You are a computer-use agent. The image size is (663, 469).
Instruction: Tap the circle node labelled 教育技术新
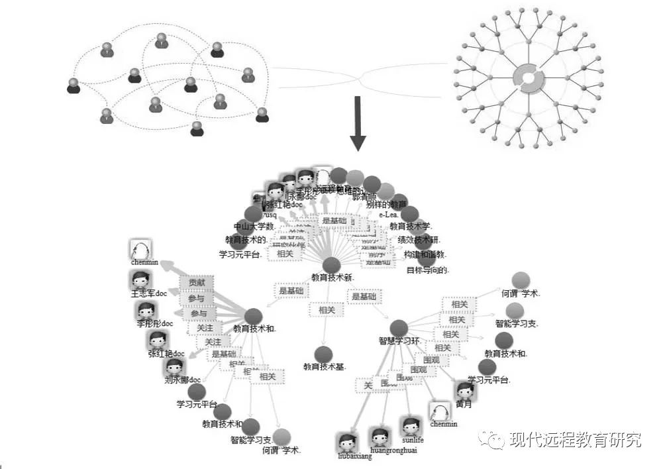(x=331, y=265)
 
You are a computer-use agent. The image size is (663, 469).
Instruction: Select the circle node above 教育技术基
(x=323, y=354)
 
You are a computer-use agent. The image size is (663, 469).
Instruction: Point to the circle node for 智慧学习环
(x=399, y=328)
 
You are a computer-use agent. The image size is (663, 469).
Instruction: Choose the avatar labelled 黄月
(x=464, y=391)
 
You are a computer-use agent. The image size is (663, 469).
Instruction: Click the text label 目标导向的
(x=428, y=270)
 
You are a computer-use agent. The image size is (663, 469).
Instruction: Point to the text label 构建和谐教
(x=425, y=254)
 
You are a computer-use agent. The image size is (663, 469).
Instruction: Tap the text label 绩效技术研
(x=419, y=240)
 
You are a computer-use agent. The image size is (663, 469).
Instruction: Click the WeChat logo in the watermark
(x=492, y=439)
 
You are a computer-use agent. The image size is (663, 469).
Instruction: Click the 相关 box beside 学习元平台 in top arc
(x=285, y=254)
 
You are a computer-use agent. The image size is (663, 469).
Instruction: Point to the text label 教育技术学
(x=411, y=227)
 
